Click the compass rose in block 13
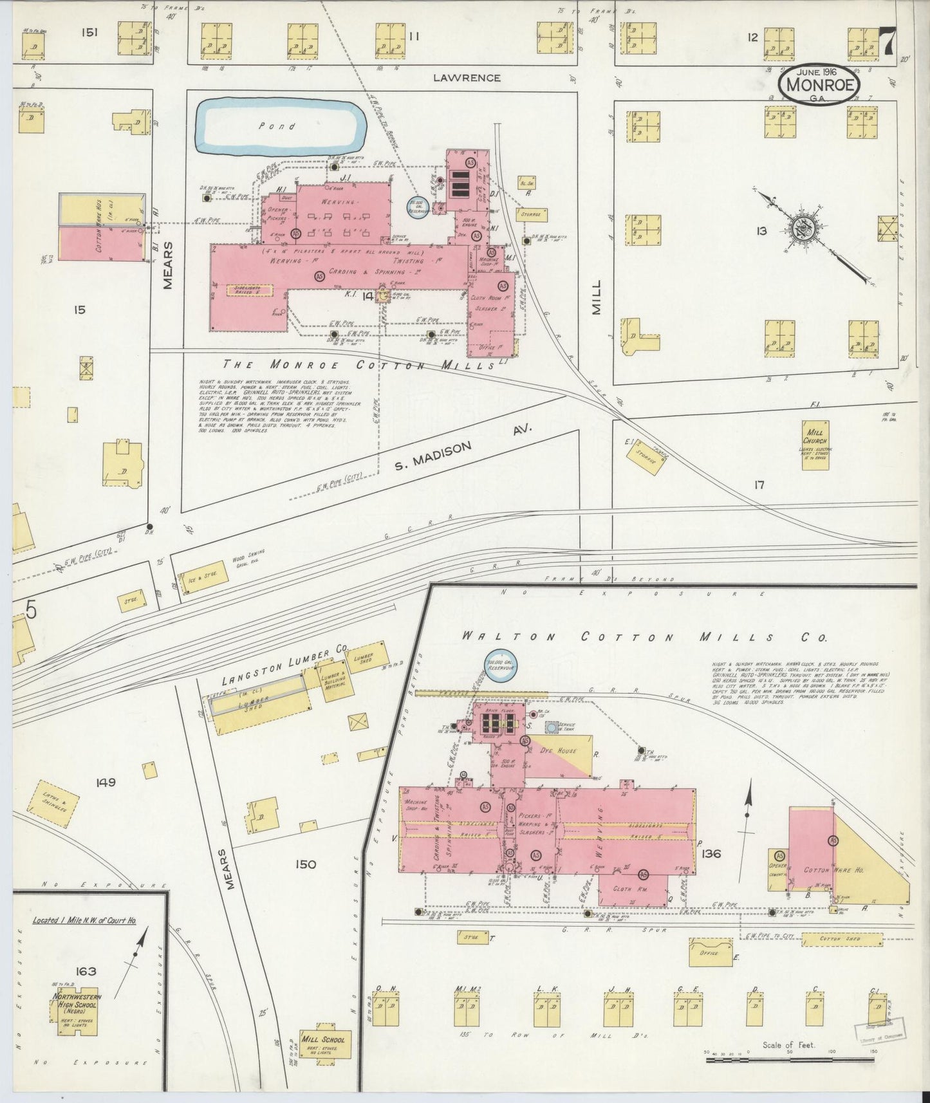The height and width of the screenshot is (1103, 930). (x=804, y=230)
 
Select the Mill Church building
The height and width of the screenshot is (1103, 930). (x=817, y=445)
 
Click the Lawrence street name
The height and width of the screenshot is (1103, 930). (x=467, y=78)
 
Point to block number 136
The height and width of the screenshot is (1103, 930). (x=712, y=855)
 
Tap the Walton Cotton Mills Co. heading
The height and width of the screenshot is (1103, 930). (x=644, y=637)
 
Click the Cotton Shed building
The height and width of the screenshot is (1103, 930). (x=841, y=940)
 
